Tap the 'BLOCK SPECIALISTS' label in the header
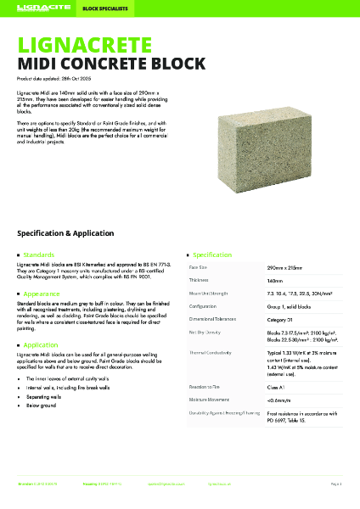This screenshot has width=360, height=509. pos(102,8)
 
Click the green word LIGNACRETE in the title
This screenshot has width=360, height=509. pos(82,42)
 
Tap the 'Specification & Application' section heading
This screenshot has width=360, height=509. pos(84,232)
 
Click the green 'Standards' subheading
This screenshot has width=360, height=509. pos(39,254)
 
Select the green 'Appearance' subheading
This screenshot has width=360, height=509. pos(42,294)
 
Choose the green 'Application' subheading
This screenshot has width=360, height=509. pos(42,345)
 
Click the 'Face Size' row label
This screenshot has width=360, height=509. pos(199,267)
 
